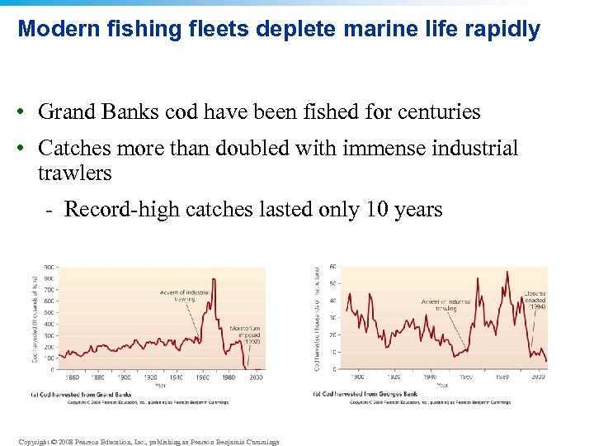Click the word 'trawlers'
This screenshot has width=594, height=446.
74,173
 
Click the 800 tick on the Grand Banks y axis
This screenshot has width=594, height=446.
49,278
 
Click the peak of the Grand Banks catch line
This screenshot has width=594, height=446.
214,279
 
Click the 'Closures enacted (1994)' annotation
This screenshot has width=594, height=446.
535,300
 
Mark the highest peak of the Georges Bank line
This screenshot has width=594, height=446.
507,272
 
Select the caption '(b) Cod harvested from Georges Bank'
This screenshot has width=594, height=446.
365,394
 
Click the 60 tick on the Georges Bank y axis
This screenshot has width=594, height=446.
333,266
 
